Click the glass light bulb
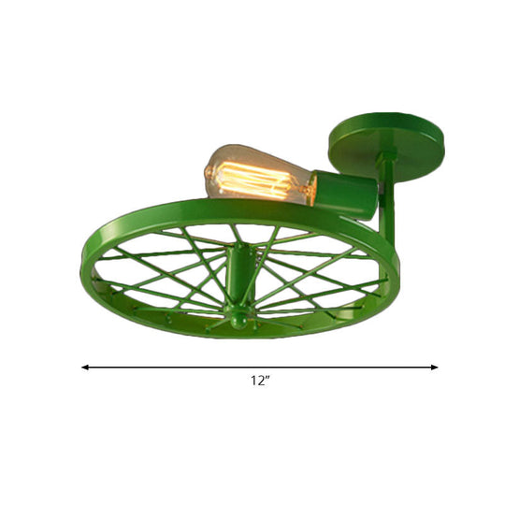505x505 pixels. click(x=257, y=174)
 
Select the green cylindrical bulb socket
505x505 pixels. click(x=345, y=195)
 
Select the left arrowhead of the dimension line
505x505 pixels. click(x=85, y=368)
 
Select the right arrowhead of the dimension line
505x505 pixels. click(x=435, y=368)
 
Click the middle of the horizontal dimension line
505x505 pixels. click(x=260, y=368)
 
